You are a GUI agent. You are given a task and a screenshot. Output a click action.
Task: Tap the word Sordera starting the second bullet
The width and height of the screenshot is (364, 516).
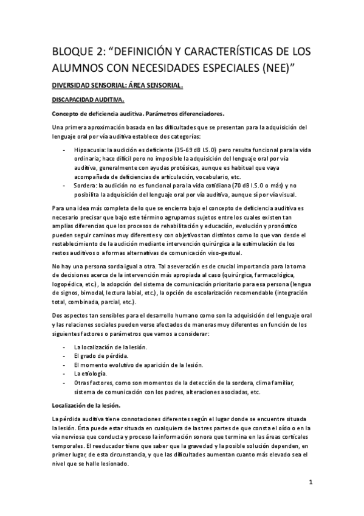[x=86, y=184]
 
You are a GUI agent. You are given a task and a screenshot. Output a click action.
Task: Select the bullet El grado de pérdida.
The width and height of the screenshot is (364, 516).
[x=100, y=355]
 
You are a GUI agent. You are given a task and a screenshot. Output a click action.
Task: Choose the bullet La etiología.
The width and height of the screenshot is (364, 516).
[x=91, y=372]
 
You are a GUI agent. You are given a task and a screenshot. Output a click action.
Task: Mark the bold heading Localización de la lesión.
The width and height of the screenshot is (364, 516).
[x=86, y=405]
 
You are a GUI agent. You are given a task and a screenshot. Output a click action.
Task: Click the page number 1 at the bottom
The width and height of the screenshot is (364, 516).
[x=310, y=484]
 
